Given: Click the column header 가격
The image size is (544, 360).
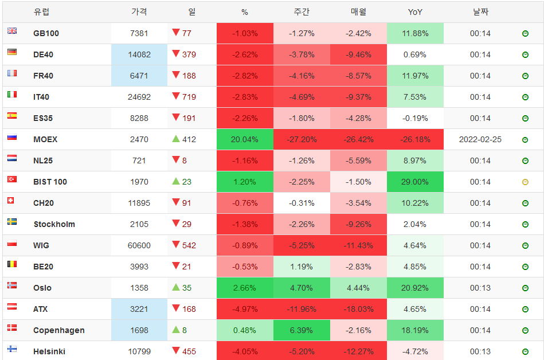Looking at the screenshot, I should point(139,12).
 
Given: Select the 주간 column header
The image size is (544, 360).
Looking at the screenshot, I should point(302,12).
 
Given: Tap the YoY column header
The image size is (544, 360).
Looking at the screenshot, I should point(415,12).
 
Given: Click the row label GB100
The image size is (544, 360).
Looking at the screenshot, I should point(46,33).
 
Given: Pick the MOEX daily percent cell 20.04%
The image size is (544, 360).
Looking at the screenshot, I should point(245,139).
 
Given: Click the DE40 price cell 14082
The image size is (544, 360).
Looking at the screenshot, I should point(139,54).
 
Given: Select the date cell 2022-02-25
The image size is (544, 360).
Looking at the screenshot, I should point(480,139).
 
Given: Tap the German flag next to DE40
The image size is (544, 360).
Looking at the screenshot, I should point(12,52).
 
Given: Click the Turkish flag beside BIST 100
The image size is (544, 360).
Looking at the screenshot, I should point(12,179).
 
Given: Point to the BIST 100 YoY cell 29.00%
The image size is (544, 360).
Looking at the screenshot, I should point(415,182).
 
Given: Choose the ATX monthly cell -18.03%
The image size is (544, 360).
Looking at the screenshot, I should point(358,309).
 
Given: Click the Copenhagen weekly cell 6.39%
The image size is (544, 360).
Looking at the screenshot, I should point(302,330).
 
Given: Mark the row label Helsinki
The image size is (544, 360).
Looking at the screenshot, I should point(49,351).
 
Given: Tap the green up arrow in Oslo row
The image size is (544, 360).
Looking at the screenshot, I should point(176,287).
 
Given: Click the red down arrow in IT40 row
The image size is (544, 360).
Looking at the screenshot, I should point(176,96).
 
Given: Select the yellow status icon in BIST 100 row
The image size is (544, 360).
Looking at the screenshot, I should point(525,182).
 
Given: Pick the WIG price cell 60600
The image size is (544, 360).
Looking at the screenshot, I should point(139,245).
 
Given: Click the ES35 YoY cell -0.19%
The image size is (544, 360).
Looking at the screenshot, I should point(415,118).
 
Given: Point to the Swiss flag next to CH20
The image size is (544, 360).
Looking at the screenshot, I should point(12,201).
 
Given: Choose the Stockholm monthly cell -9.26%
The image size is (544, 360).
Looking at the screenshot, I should point(358,224).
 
